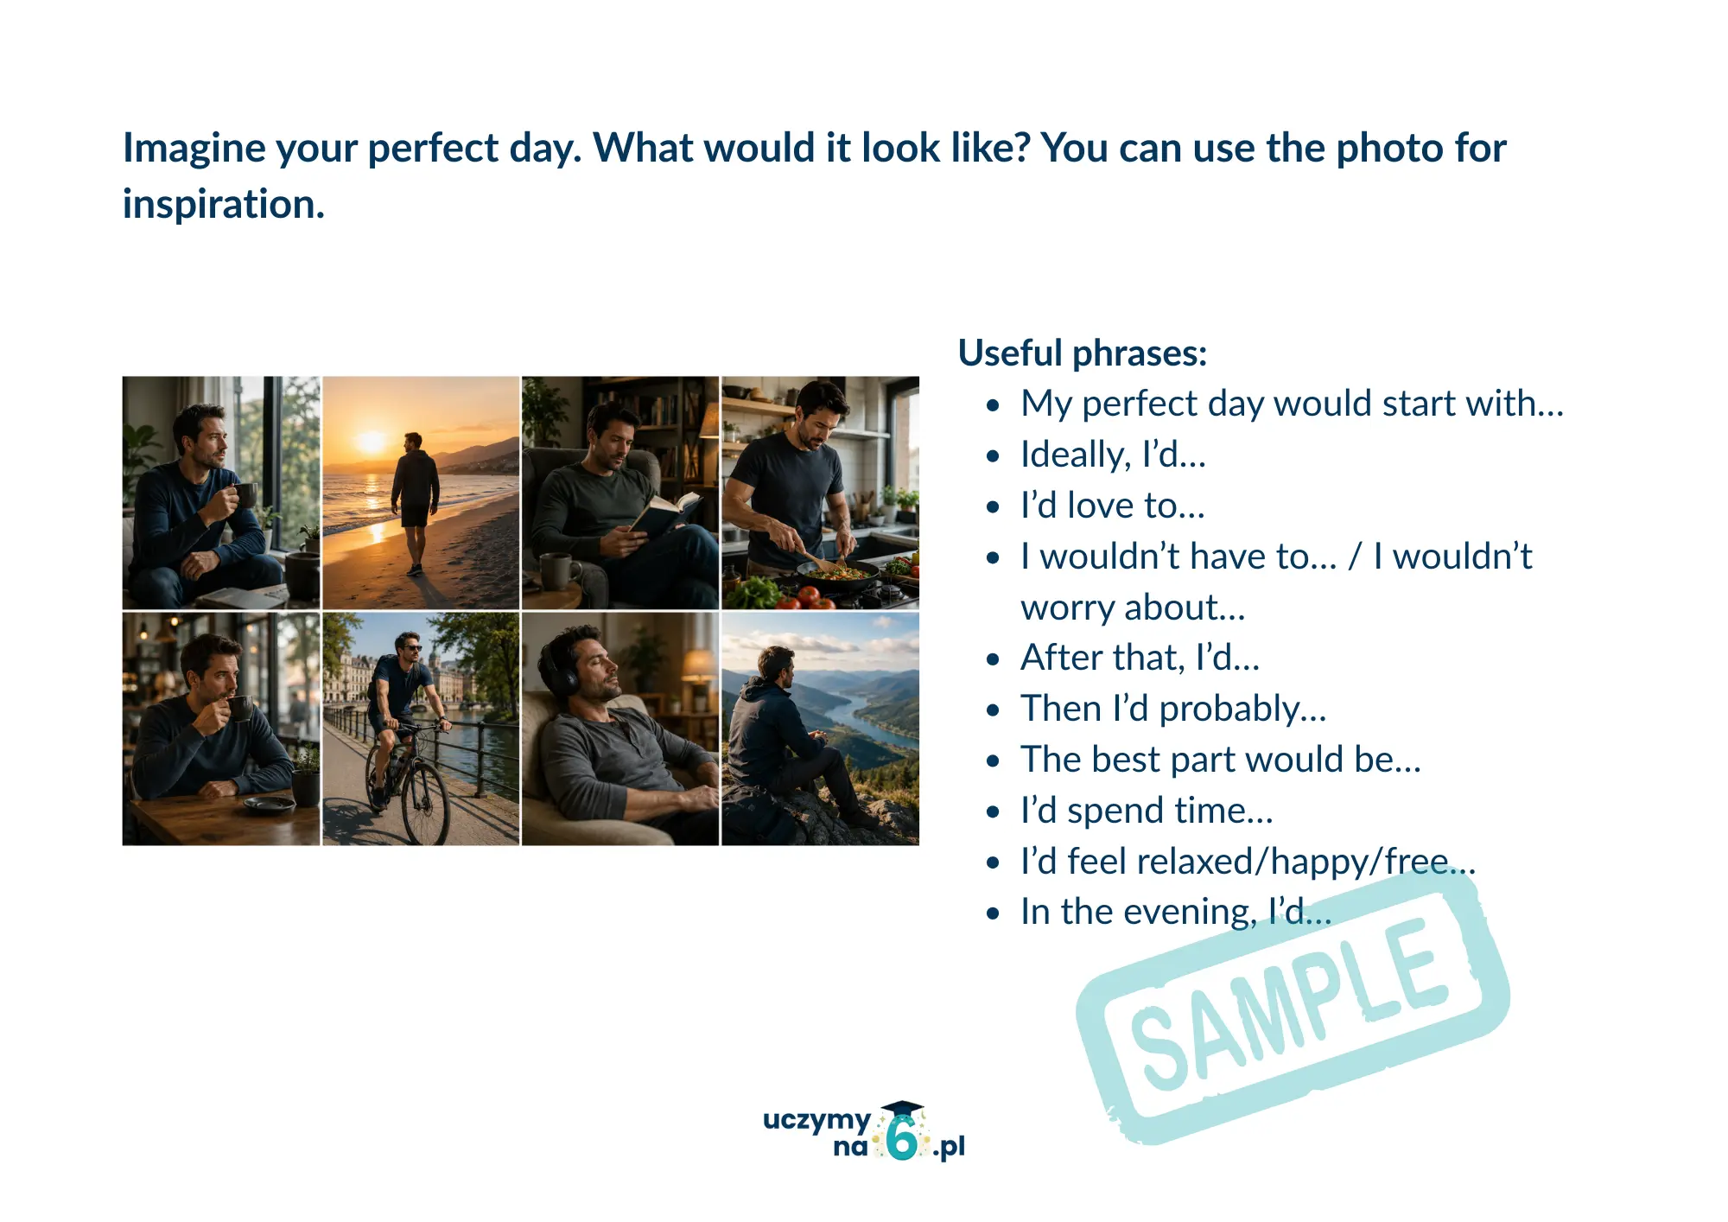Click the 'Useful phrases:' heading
pos(1083,353)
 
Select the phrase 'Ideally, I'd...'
pos(1113,455)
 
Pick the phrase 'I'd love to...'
pos(1112,506)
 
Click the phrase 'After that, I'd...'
pos(1140,658)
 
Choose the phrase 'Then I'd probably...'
pos(1173,709)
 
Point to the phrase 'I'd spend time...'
pos(1147,811)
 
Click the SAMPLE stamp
pos(1292,1006)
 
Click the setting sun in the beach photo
pos(371,442)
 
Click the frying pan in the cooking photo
pos(836,573)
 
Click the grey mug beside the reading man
pos(559,571)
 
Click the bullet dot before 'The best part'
pos(993,761)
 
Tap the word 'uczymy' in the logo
pos(816,1120)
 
